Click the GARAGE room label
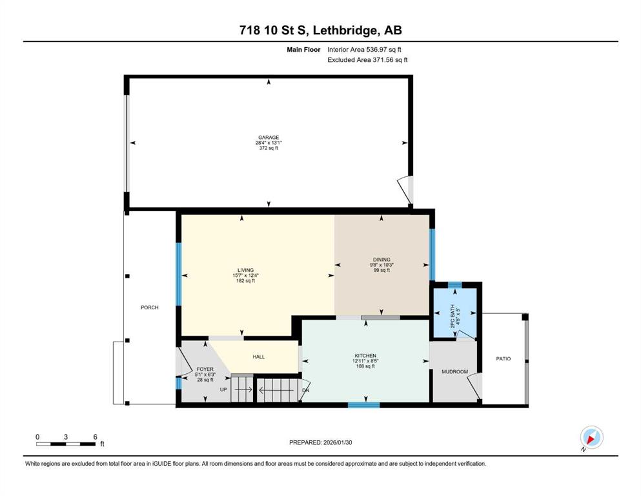(269, 138)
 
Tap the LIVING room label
(246, 270)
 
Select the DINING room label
(382, 259)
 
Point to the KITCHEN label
(365, 356)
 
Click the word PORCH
(150, 307)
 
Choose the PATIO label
(504, 358)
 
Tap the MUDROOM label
(454, 372)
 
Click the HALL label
(259, 357)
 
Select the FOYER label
(205, 369)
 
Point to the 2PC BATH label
(453, 316)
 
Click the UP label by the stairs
(223, 389)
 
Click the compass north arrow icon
(591, 438)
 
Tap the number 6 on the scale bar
(96, 437)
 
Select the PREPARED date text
(320, 442)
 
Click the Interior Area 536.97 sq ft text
(364, 50)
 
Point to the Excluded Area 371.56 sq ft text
(367, 59)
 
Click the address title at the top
(320, 30)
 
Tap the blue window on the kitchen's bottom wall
(364, 405)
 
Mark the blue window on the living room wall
(179, 274)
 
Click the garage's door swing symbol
(405, 190)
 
